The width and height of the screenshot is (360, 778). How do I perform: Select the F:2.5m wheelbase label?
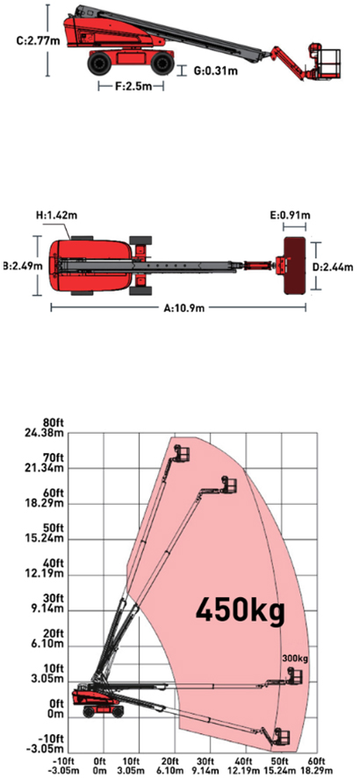point(132,86)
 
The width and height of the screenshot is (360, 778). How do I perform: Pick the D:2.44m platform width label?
point(333,267)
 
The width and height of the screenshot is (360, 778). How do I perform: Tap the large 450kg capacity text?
point(241,610)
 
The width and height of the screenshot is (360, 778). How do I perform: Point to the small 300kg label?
point(295,659)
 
